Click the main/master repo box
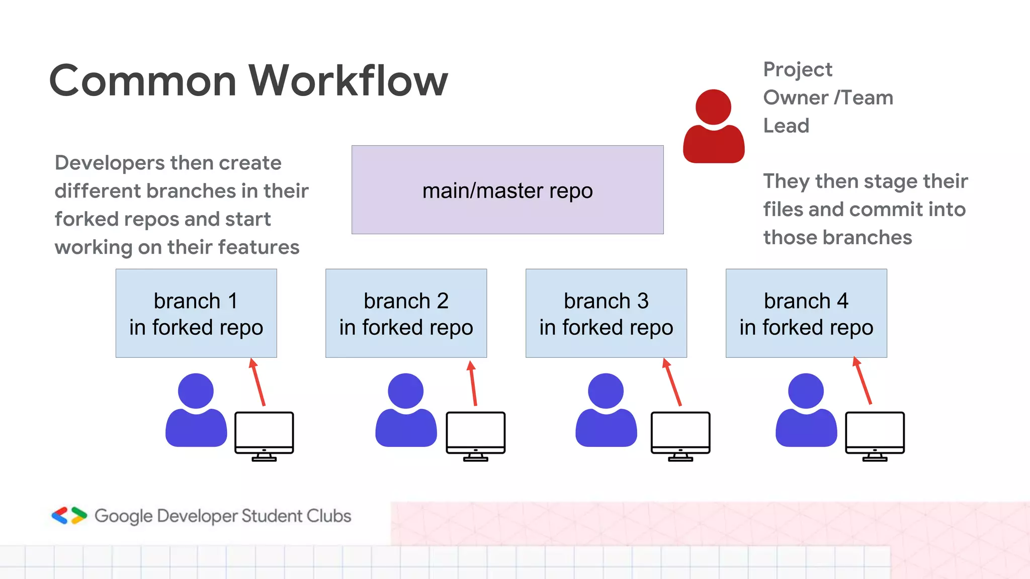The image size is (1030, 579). pyautogui.click(x=507, y=190)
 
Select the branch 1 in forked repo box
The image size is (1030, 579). pyautogui.click(x=196, y=313)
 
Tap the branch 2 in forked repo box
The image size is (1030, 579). pyautogui.click(x=406, y=313)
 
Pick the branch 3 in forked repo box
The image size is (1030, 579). pyautogui.click(x=606, y=313)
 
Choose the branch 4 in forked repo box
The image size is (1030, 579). pyautogui.click(x=806, y=313)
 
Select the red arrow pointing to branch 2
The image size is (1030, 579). pyautogui.click(x=473, y=383)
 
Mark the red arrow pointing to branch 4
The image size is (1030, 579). pyautogui.click(x=863, y=381)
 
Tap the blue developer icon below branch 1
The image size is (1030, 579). pyautogui.click(x=196, y=411)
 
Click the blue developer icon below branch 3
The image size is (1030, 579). pyautogui.click(x=606, y=411)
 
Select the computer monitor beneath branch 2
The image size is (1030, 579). pyautogui.click(x=475, y=435)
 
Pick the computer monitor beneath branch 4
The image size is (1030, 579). pyautogui.click(x=875, y=435)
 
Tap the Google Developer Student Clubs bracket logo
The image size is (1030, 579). pyautogui.click(x=69, y=516)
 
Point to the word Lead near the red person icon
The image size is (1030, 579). pyautogui.click(x=786, y=126)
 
